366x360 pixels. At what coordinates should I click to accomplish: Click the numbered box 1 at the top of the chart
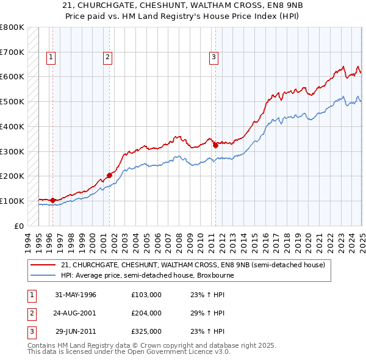[50, 58]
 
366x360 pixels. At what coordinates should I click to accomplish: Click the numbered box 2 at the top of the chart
[107, 58]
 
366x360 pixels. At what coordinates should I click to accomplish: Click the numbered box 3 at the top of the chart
[214, 58]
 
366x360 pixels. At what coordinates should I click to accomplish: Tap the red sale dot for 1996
[52, 200]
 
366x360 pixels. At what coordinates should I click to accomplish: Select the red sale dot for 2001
[110, 175]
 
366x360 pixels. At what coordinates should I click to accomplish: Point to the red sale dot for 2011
[215, 145]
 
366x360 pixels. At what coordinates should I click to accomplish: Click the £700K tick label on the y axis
[12, 52]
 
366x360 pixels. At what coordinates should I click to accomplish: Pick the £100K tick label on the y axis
[12, 201]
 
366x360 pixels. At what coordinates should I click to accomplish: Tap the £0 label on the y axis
[19, 226]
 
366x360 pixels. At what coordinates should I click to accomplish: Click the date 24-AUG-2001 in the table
[75, 313]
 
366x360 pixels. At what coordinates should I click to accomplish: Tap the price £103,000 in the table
[146, 295]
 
